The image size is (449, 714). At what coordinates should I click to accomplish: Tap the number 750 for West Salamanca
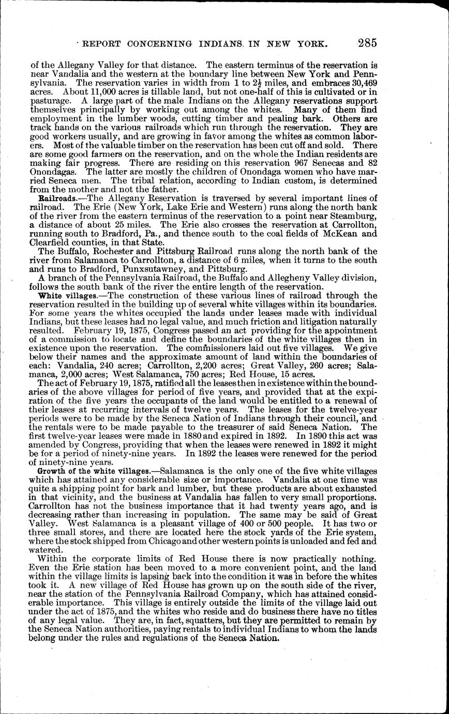(x=193, y=375)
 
